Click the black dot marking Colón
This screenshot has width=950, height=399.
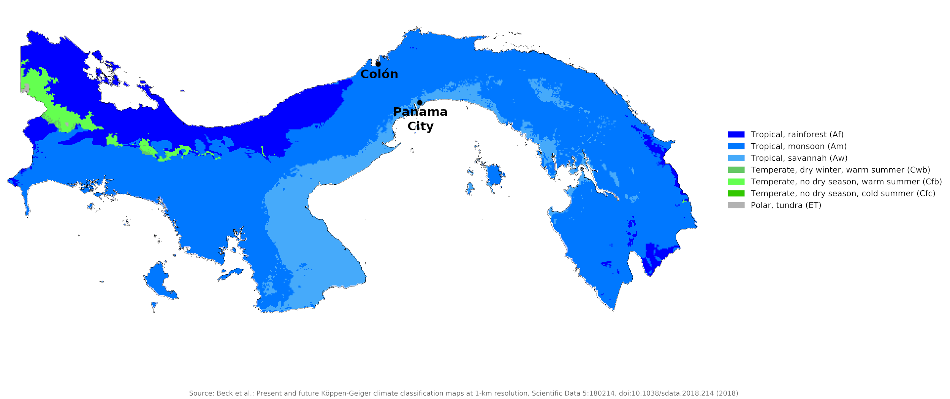tap(378, 64)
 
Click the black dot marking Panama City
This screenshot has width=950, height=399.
tap(420, 103)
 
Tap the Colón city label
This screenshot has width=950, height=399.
tap(379, 74)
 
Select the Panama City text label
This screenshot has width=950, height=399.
tap(420, 119)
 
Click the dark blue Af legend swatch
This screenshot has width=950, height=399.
tap(736, 135)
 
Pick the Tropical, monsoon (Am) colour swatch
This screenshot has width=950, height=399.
tap(736, 146)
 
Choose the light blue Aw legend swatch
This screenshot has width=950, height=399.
tap(736, 158)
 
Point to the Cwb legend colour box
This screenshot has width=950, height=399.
tap(736, 170)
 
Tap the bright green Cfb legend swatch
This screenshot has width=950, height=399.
tap(736, 182)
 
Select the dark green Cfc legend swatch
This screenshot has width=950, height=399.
tap(736, 193)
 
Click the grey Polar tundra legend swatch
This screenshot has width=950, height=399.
tap(736, 205)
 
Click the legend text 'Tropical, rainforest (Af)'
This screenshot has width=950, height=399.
tap(797, 135)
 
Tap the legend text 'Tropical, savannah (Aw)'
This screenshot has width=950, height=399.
tap(799, 158)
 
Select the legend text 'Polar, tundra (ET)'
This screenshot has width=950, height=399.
tap(786, 205)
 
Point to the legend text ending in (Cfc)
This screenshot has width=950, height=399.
tap(843, 193)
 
